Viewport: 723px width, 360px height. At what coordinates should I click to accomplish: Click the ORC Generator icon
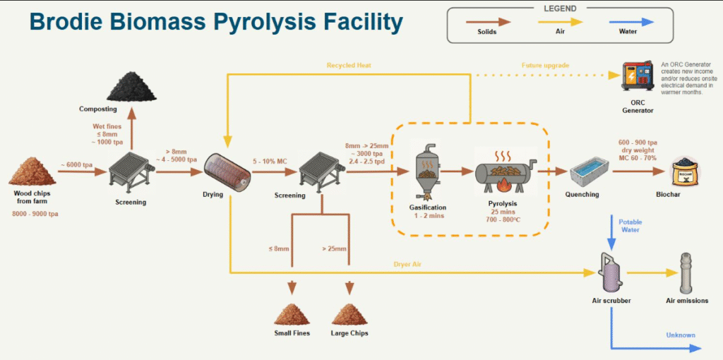(637, 76)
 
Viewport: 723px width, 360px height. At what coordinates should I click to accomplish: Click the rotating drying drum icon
(227, 172)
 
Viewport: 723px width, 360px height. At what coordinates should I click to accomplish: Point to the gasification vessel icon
(426, 172)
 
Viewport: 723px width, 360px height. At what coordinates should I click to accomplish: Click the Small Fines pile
(292, 313)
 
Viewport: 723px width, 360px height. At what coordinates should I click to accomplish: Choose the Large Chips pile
(349, 313)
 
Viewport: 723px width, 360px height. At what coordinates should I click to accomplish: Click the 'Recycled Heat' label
(349, 66)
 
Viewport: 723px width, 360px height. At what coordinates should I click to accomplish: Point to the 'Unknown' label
(681, 335)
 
